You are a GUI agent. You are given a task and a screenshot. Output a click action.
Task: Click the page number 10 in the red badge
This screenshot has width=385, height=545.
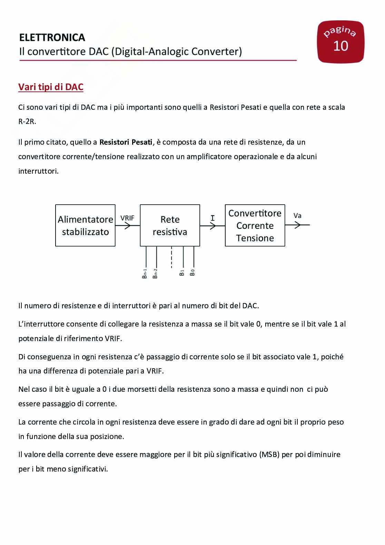[340, 46]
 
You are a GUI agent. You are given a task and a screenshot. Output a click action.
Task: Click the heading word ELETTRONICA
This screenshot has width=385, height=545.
[52, 37]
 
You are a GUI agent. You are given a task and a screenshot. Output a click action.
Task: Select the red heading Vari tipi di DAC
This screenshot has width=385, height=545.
[51, 87]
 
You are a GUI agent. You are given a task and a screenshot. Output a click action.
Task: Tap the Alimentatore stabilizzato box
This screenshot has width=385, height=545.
[85, 225]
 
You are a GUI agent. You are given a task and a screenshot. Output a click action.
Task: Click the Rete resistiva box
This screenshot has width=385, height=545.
[170, 225]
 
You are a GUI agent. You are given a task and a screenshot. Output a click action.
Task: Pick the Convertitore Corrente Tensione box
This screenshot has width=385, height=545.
[255, 225]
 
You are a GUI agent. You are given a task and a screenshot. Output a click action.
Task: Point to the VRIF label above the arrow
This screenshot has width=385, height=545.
[127, 218]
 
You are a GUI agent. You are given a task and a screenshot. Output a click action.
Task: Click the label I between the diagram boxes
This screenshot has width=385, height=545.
[213, 218]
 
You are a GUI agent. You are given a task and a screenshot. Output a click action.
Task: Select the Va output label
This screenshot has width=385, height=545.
[297, 215]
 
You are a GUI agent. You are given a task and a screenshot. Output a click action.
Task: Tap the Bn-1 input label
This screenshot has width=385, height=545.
[145, 273]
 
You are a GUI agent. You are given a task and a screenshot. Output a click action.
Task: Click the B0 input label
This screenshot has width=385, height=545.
[193, 272]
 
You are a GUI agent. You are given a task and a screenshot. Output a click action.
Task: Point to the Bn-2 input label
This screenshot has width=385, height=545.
[155, 273]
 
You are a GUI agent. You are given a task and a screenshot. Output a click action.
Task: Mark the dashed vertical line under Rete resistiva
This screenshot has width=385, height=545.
[171, 257]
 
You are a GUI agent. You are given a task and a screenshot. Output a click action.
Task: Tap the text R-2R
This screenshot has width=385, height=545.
[27, 122]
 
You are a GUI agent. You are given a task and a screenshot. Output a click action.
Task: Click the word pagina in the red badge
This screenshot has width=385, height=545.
[340, 32]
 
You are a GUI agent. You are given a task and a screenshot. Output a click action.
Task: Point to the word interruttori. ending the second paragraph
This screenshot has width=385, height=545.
[38, 171]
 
